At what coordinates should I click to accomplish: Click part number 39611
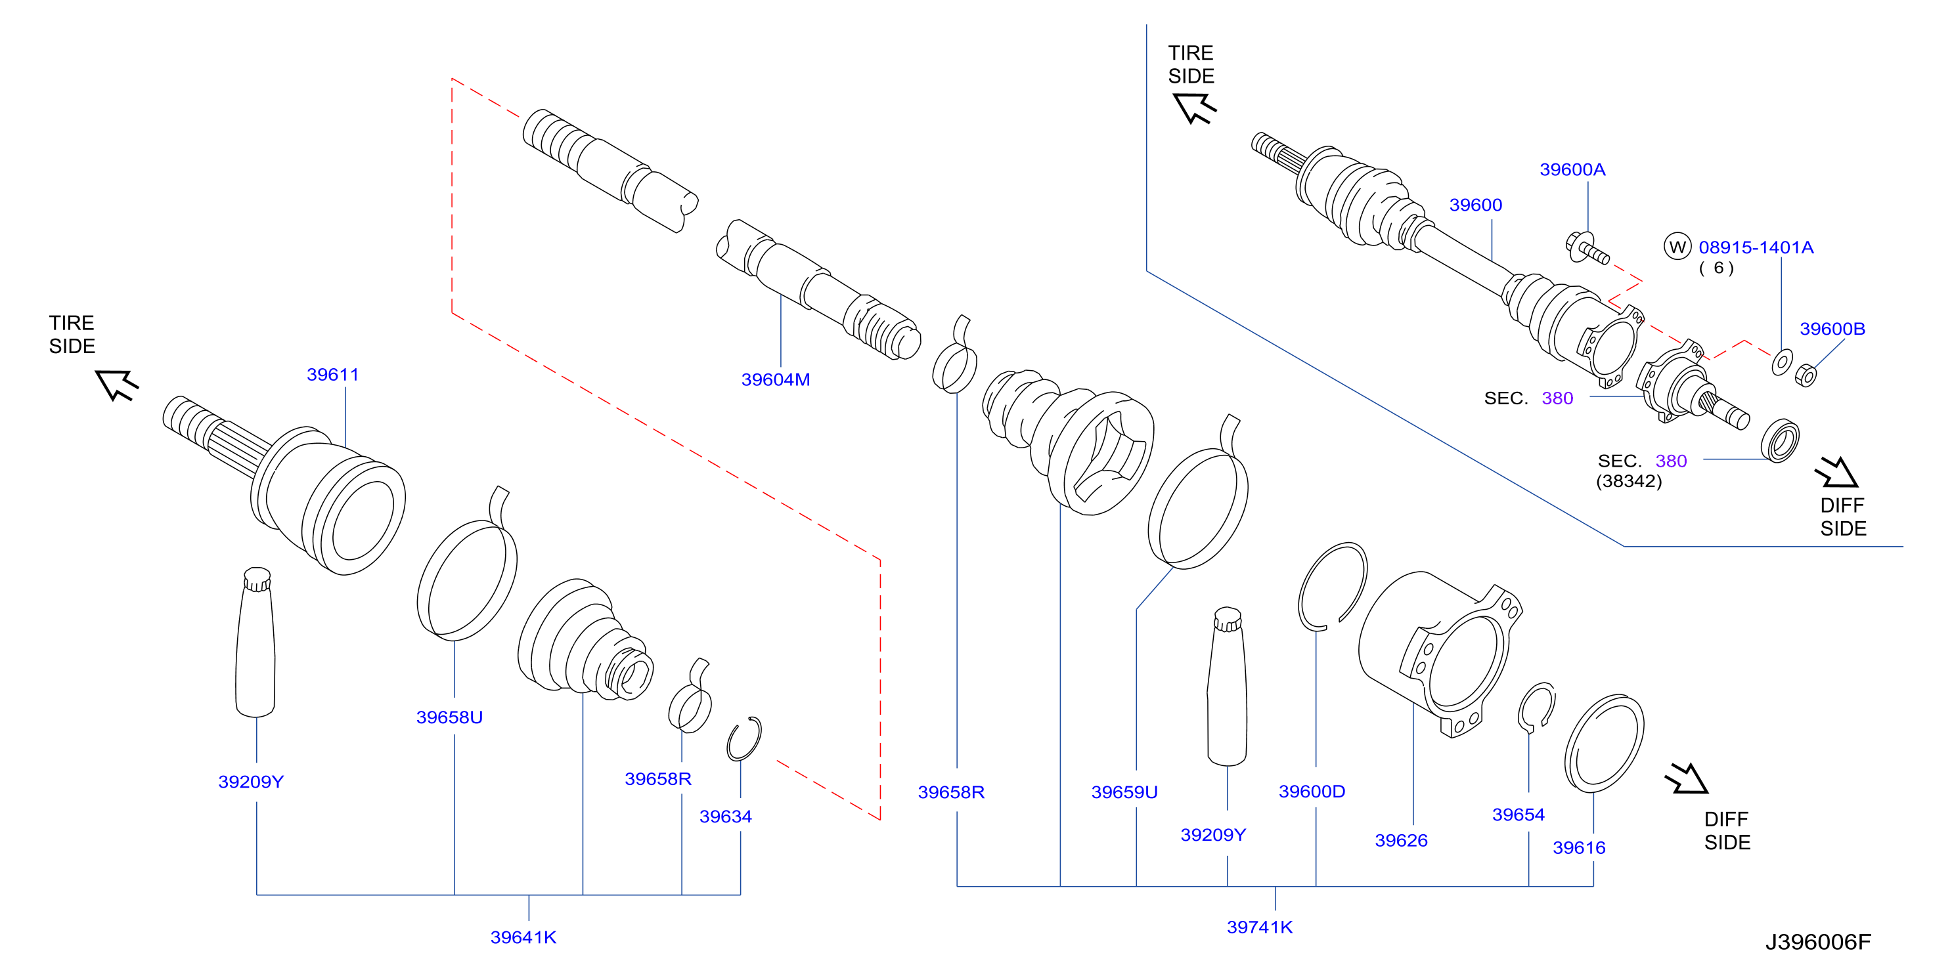pyautogui.click(x=332, y=374)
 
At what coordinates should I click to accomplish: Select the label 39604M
pyautogui.click(x=775, y=379)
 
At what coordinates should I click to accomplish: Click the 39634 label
pyautogui.click(x=725, y=816)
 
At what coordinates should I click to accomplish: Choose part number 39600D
pyautogui.click(x=1312, y=792)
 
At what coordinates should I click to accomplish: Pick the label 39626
pyautogui.click(x=1401, y=840)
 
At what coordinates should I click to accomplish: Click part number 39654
pyautogui.click(x=1518, y=815)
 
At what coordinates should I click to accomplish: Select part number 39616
pyautogui.click(x=1578, y=847)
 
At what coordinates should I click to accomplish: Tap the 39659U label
pyautogui.click(x=1124, y=792)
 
